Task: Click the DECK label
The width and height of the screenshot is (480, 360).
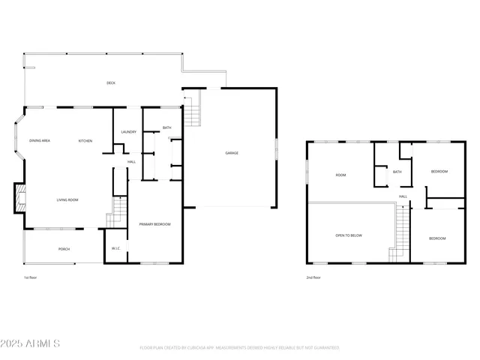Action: (x=111, y=82)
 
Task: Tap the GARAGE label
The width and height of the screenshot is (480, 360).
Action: (x=232, y=153)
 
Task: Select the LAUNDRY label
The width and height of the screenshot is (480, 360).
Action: (x=128, y=132)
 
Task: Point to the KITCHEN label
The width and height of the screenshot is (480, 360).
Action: (x=85, y=141)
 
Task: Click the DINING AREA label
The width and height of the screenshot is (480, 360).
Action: (x=40, y=141)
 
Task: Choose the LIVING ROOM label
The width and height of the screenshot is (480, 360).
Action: (x=67, y=199)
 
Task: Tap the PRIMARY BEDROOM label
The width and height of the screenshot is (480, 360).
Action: (x=154, y=224)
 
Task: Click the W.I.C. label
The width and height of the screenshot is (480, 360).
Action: (x=116, y=248)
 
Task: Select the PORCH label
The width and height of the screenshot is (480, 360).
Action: (x=64, y=248)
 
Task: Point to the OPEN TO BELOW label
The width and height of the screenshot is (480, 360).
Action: (x=349, y=235)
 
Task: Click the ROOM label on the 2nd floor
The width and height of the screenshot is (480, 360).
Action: (x=340, y=175)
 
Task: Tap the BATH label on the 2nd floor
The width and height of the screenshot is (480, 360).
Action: (x=397, y=172)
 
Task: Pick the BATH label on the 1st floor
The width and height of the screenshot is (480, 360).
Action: (x=166, y=127)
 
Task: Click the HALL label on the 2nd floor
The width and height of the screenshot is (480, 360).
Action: (x=403, y=196)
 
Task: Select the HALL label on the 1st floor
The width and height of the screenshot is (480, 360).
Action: (x=131, y=161)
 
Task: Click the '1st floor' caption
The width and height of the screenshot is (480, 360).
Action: (x=30, y=277)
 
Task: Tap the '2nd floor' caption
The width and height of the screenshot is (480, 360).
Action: (x=313, y=277)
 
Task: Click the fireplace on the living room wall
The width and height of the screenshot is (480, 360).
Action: (x=21, y=199)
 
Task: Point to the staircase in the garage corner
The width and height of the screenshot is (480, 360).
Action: (x=193, y=109)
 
